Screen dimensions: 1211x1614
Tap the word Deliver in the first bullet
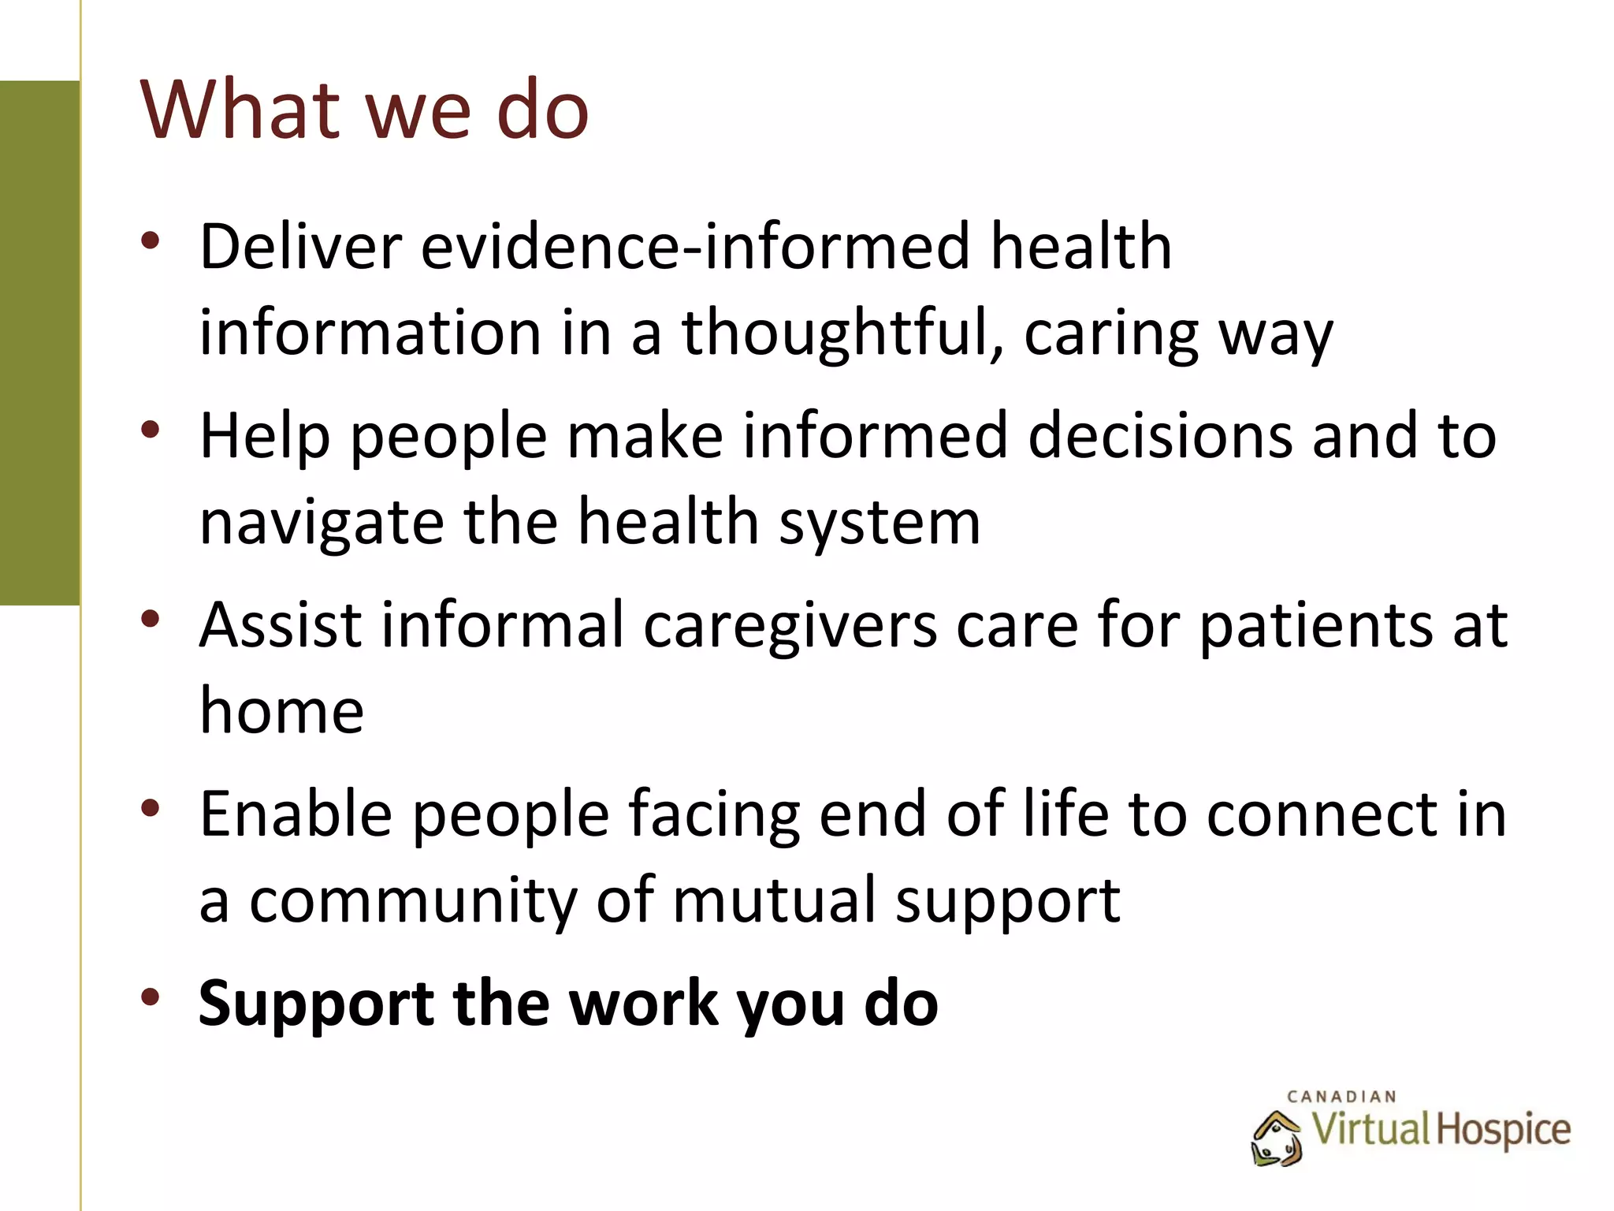(x=300, y=247)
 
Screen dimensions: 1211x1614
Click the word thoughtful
(x=842, y=333)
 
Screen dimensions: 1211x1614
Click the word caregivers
(x=790, y=626)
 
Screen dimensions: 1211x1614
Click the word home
(x=281, y=711)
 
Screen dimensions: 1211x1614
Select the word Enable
(x=296, y=814)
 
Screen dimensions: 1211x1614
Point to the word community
(x=412, y=900)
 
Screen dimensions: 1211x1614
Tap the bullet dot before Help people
(x=150, y=430)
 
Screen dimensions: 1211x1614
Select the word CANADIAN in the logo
(x=1341, y=1097)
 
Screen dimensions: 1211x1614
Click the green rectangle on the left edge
(x=39, y=343)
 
